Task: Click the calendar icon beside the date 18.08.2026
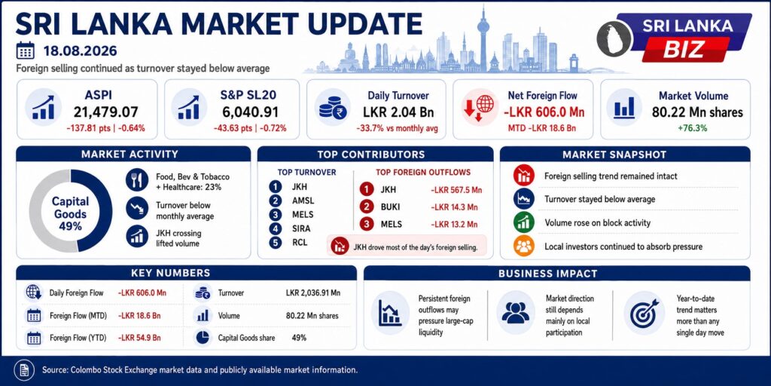coord(25,51)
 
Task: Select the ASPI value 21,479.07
coord(105,112)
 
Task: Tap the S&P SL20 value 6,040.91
coord(250,112)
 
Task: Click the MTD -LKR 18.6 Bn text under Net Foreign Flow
coord(541,128)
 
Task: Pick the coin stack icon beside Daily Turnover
coord(332,108)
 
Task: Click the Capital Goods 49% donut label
coord(70,214)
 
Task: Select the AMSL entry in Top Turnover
coord(303,201)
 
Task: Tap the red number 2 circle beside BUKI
coord(367,207)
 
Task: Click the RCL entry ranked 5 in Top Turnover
coord(300,243)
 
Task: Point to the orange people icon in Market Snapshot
coord(524,247)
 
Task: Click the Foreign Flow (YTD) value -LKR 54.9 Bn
coord(139,339)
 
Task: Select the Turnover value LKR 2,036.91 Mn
coord(313,293)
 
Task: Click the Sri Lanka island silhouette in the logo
coord(614,38)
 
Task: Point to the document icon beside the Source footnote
coord(23,369)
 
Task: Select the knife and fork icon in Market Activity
coord(137,180)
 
